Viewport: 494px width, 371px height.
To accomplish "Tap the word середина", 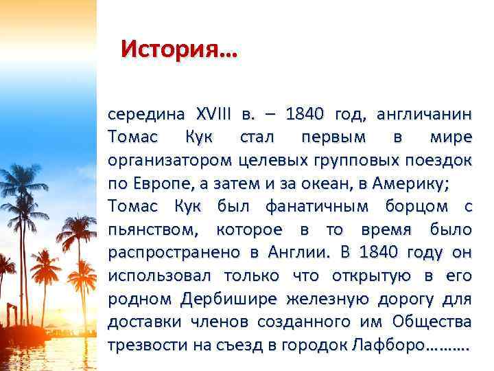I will [x=145, y=113].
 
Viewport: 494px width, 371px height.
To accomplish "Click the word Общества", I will [x=432, y=323].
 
